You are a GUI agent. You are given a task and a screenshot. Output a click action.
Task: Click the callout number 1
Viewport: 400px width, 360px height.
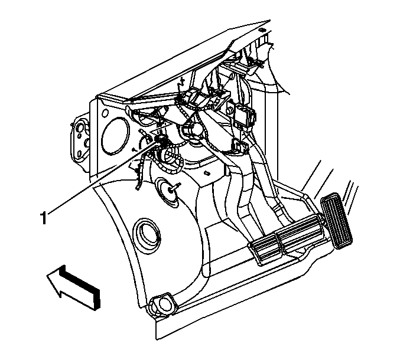pyautogui.click(x=44, y=218)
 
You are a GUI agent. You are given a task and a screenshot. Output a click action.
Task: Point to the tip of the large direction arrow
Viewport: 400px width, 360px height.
pyautogui.click(x=47, y=276)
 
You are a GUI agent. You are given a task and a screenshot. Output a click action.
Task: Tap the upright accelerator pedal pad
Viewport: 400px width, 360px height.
pyautogui.click(x=337, y=220)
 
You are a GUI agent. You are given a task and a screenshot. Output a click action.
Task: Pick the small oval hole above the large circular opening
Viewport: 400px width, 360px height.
pyautogui.click(x=105, y=113)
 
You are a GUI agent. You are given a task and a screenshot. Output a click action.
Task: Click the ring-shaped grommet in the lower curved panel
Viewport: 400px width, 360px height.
pyautogui.click(x=148, y=233)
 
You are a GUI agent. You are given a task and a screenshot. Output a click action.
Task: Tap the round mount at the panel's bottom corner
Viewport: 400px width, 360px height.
pyautogui.click(x=162, y=302)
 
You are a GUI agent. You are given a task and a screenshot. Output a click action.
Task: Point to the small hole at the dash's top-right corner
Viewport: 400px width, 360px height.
pyautogui.click(x=261, y=30)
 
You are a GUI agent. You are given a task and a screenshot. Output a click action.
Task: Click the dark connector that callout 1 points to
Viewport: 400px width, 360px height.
pyautogui.click(x=161, y=140)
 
